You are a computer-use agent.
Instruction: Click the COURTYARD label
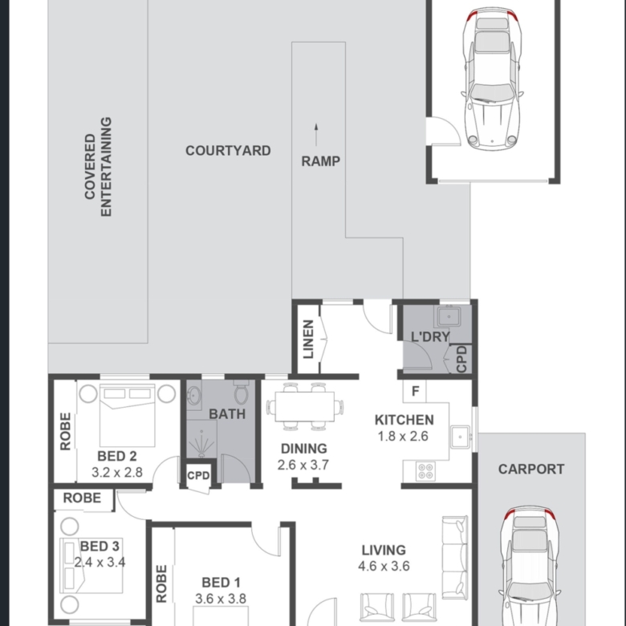point(228,151)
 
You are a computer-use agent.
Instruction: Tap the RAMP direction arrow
point(316,135)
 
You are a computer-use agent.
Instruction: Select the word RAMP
point(320,161)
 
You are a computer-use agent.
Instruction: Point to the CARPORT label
point(531,469)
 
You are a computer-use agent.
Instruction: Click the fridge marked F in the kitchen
point(415,391)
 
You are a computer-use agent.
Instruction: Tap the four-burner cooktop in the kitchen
point(425,471)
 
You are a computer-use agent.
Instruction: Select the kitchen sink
point(461,437)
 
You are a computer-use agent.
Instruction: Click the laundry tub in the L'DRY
point(449,316)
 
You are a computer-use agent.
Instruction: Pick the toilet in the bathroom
point(241,392)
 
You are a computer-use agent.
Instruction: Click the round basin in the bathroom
point(193,396)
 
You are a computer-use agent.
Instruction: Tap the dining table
point(305,406)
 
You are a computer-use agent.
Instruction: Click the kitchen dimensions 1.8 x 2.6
point(403,436)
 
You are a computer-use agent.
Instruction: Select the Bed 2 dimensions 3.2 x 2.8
point(117,472)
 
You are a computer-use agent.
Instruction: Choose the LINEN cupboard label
point(308,339)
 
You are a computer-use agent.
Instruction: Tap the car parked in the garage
point(492,79)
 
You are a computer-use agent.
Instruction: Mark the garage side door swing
point(445,131)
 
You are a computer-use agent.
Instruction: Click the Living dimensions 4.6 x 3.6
point(384,566)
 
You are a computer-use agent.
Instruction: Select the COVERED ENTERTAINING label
point(98,166)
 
